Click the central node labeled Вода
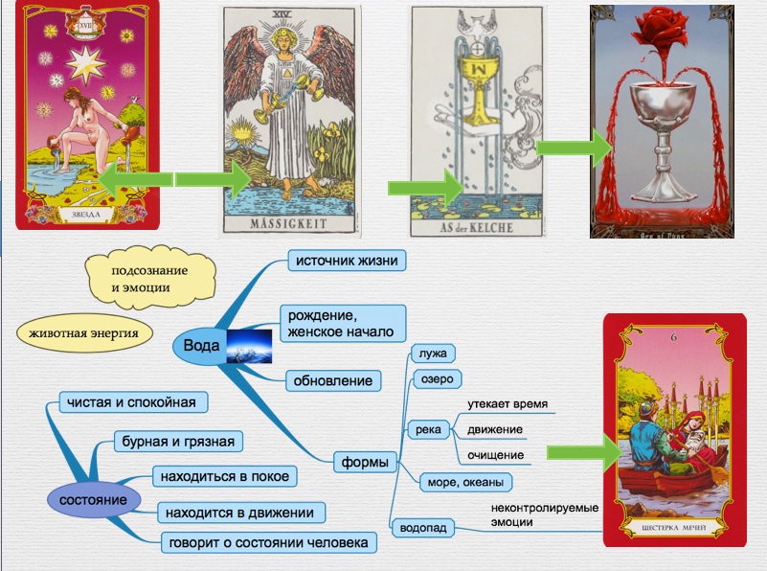[x=200, y=345]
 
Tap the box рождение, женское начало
[x=342, y=324]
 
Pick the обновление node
[x=332, y=380]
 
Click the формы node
[x=365, y=463]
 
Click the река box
[x=428, y=429]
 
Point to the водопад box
[x=422, y=527]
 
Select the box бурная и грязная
[x=176, y=442]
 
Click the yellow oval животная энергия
[x=84, y=334]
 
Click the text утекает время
[x=508, y=404]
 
